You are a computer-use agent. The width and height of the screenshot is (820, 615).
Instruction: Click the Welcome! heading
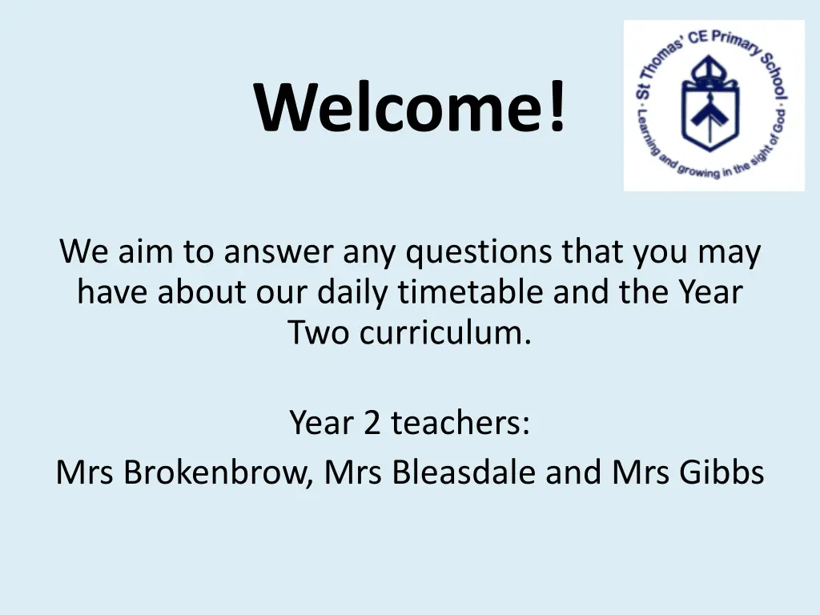(x=409, y=107)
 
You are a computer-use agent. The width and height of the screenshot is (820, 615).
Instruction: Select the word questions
(x=479, y=251)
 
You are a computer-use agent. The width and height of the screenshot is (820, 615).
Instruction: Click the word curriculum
(x=445, y=332)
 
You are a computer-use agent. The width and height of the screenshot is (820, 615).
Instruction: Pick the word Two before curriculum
(x=319, y=332)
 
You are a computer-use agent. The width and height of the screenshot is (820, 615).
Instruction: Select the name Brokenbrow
(x=218, y=472)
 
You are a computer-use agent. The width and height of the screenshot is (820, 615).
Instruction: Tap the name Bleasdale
(x=464, y=472)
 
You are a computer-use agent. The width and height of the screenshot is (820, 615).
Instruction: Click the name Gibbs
(x=722, y=472)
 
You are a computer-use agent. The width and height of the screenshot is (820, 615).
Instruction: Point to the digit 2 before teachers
(x=372, y=423)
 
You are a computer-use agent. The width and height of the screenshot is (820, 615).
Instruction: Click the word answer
(x=278, y=251)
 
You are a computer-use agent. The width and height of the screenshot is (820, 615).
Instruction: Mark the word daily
(x=352, y=291)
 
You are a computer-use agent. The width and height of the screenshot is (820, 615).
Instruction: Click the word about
(x=201, y=291)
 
